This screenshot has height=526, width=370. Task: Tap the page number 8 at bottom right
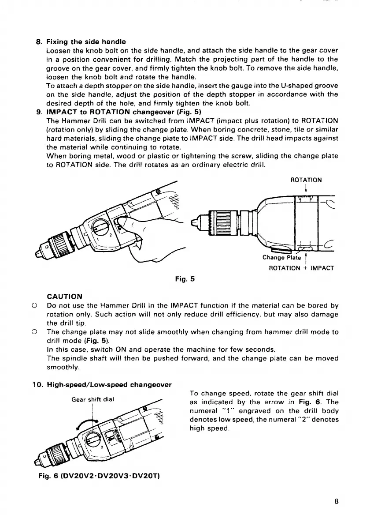tap(337, 502)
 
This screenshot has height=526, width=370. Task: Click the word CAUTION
tap(64, 296)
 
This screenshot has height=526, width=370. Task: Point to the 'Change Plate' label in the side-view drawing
tap(281, 258)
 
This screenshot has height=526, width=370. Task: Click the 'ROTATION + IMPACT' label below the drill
tap(301, 268)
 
